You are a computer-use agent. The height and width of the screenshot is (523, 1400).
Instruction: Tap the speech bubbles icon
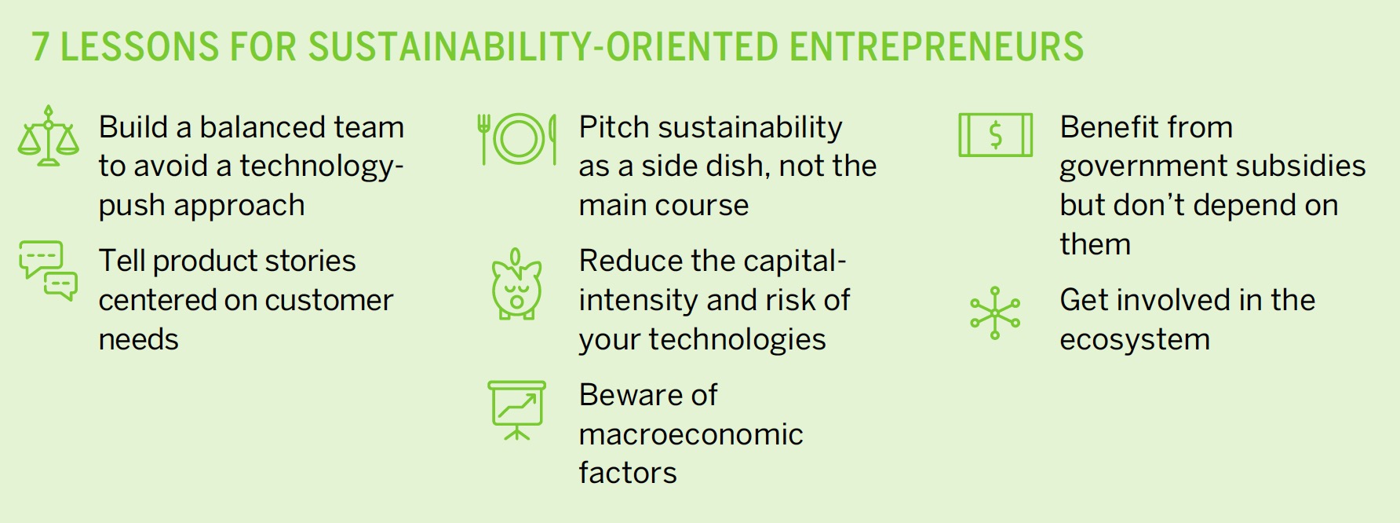click(49, 271)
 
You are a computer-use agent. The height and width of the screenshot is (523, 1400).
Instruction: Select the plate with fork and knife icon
click(518, 139)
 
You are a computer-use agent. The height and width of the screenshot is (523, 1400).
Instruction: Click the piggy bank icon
click(516, 284)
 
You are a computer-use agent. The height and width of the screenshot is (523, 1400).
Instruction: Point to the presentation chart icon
click(516, 411)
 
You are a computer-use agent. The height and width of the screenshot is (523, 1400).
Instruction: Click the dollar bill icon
click(995, 135)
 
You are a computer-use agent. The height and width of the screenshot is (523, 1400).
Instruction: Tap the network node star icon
click(995, 313)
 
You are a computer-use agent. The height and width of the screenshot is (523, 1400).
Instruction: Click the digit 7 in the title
click(41, 47)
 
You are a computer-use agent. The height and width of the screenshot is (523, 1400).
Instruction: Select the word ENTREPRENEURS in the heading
click(936, 47)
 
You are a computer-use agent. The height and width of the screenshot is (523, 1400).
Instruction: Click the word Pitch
click(614, 127)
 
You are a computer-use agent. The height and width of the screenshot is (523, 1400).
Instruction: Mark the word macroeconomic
click(691, 434)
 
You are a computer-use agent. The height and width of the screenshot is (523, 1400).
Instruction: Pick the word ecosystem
click(1135, 340)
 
